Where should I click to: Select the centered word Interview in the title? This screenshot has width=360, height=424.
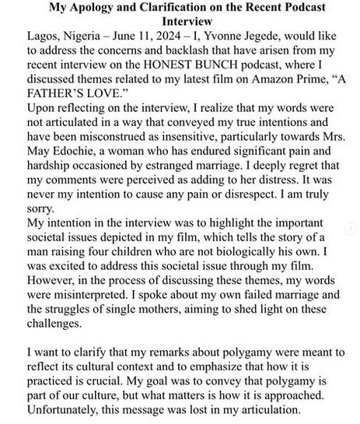(180, 24)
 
